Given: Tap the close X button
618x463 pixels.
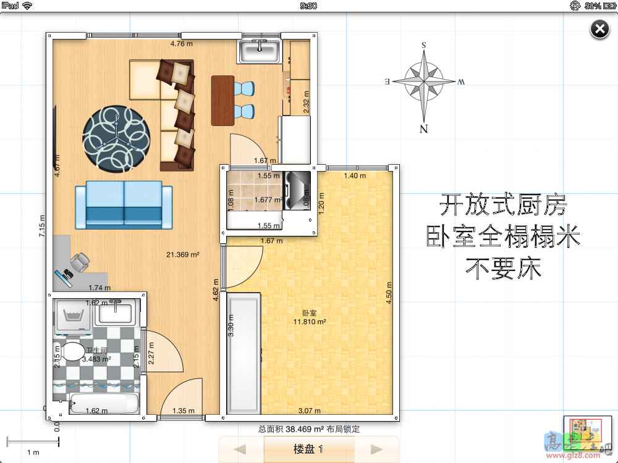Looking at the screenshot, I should (x=599, y=29).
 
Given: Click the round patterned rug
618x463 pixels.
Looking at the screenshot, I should (x=116, y=138).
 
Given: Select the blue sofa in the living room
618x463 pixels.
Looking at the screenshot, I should (x=124, y=205).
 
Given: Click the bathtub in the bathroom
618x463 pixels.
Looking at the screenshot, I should (x=103, y=404).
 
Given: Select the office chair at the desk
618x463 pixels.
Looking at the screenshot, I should (x=80, y=263).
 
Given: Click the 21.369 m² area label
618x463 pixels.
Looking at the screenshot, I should (x=182, y=254).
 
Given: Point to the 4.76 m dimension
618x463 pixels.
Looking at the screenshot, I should (x=182, y=44).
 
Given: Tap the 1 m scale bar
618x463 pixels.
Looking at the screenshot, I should (x=33, y=442).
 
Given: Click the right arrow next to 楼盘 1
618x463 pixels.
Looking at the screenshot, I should (x=376, y=449).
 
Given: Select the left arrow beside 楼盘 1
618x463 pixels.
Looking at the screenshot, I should (x=241, y=449).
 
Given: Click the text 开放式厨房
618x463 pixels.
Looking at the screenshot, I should (x=502, y=205).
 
